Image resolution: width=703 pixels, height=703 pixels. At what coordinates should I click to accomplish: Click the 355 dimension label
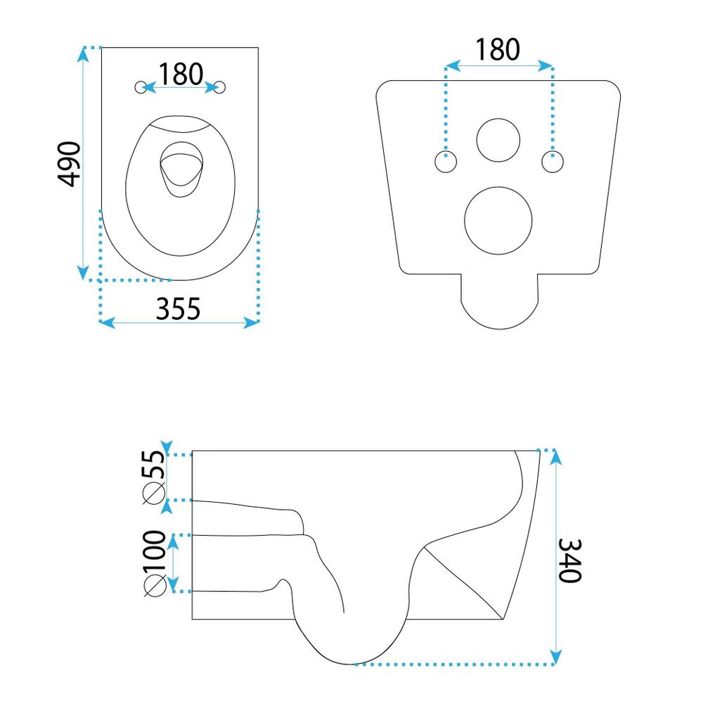pos(179,307)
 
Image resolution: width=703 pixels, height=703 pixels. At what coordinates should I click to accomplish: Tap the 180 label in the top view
pos(181,73)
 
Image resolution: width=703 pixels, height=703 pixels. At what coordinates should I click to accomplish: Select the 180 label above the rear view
pos(498,49)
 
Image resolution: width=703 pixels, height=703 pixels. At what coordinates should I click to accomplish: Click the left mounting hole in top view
pos(142,87)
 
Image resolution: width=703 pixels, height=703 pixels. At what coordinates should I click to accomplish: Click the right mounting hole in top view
pos(221,87)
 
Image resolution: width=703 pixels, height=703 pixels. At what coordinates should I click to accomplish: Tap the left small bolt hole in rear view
pos(446,162)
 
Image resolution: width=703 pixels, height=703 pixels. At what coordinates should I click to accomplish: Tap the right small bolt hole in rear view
pos(552,162)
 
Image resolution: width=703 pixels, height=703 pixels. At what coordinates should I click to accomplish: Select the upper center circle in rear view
pos(498,139)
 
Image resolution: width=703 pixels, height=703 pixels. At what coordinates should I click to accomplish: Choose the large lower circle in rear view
pos(498,221)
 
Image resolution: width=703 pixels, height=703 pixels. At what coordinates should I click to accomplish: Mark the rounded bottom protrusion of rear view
pos(498,306)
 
